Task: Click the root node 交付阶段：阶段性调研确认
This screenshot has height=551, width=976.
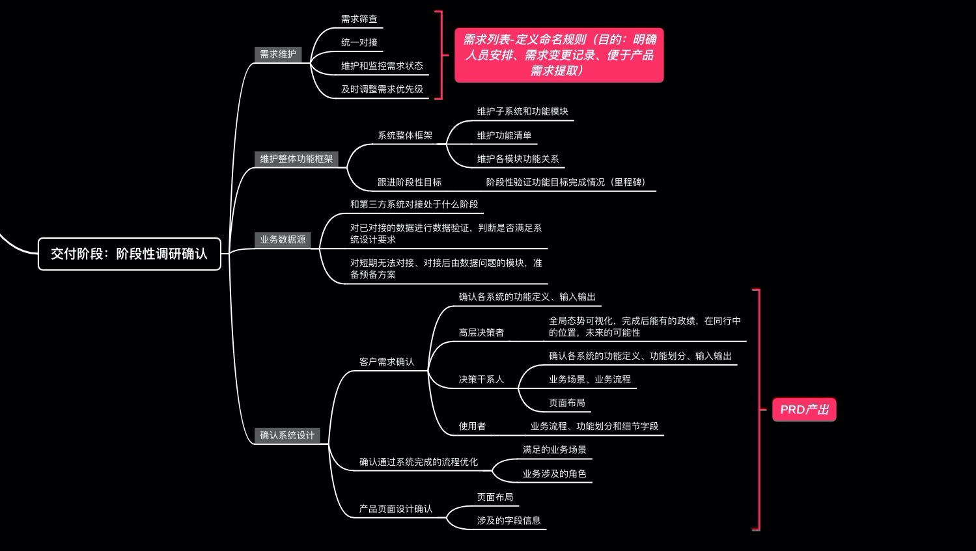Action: (129, 254)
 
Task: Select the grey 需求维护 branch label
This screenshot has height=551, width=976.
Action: (278, 54)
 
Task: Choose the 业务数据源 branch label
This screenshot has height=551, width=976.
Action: (283, 239)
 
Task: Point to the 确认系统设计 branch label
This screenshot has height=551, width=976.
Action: (287, 435)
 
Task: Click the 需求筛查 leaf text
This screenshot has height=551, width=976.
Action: (359, 19)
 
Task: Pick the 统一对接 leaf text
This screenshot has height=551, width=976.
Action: (359, 42)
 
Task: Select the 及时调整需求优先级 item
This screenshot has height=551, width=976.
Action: (382, 89)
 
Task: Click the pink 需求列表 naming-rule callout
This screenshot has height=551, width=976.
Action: (559, 55)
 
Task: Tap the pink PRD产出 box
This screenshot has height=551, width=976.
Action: (804, 410)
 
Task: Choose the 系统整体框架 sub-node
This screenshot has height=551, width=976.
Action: (404, 135)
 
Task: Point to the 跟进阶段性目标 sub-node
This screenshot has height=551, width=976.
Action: (409, 182)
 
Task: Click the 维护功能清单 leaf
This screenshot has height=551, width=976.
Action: (504, 135)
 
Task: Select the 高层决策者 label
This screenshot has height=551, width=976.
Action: (481, 332)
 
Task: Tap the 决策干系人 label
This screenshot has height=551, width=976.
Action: (481, 379)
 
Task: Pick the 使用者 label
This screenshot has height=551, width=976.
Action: (472, 426)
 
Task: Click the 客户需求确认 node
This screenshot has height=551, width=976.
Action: (386, 362)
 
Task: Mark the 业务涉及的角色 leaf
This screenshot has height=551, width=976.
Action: (554, 474)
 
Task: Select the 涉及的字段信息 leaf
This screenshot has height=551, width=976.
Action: (509, 520)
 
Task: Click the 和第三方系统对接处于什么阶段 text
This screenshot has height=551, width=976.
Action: (413, 204)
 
